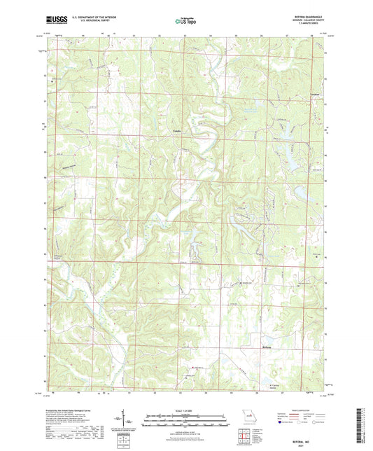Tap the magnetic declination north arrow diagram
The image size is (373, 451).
point(130,422)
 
